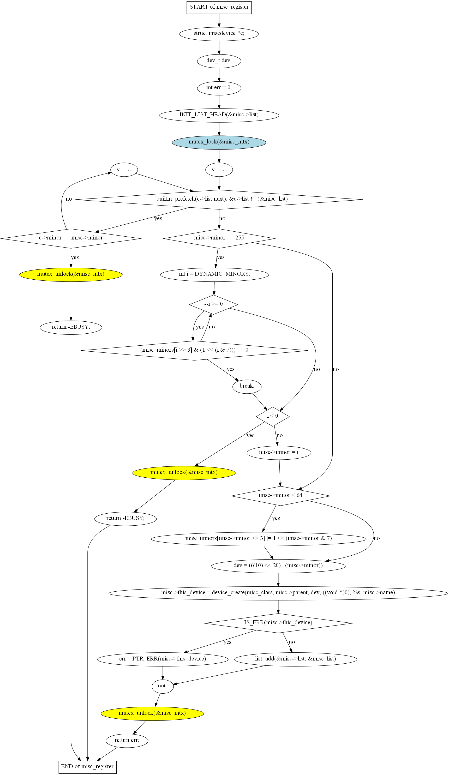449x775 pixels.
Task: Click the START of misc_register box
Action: (x=219, y=7)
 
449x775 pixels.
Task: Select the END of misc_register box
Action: (x=87, y=767)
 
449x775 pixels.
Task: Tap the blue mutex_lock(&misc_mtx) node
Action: (x=219, y=142)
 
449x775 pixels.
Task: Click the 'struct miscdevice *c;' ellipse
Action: (x=219, y=34)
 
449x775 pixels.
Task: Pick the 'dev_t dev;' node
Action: (x=219, y=61)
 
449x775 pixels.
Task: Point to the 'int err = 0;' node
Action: (x=219, y=88)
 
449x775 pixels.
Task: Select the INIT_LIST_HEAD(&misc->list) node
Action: (x=219, y=115)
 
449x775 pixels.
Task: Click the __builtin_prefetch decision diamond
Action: (x=219, y=199)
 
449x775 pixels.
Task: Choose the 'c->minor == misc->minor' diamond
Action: (x=71, y=238)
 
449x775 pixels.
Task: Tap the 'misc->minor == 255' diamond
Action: (x=219, y=238)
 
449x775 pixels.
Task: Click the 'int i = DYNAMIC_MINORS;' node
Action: (x=214, y=274)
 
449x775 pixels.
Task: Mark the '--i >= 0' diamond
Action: (x=213, y=304)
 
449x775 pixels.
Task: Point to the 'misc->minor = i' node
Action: (x=279, y=452)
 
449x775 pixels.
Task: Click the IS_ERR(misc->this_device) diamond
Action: (x=278, y=623)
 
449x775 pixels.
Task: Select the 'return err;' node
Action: (x=127, y=740)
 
